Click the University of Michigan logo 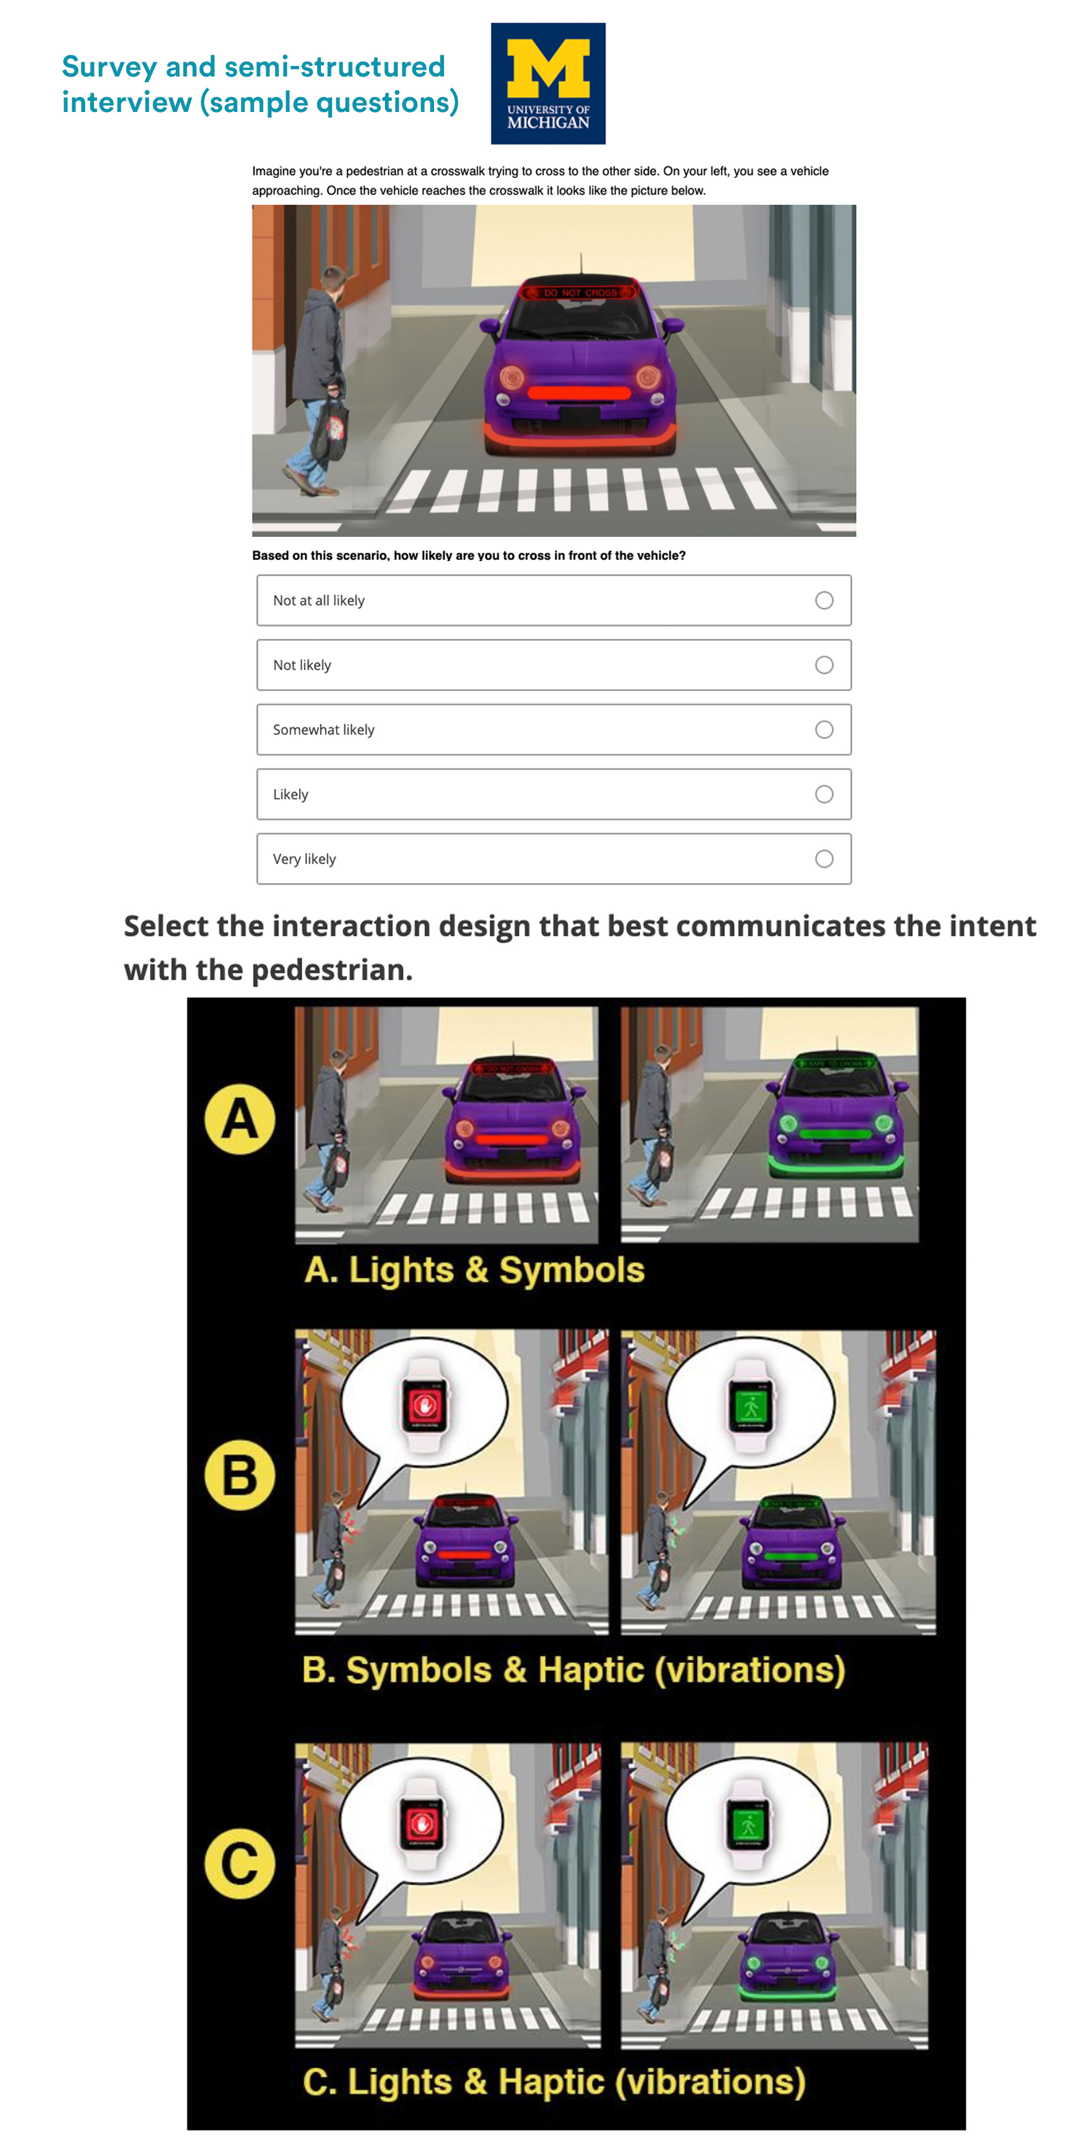[547, 83]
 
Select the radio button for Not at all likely [823, 600]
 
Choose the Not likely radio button [823, 665]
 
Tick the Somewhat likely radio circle [823, 730]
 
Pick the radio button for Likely [823, 794]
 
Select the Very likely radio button [823, 858]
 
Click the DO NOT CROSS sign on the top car [579, 292]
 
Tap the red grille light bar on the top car [579, 393]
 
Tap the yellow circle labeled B [239, 1474]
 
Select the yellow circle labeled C [239, 1864]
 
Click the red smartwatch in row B [425, 1405]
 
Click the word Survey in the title [109, 67]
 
